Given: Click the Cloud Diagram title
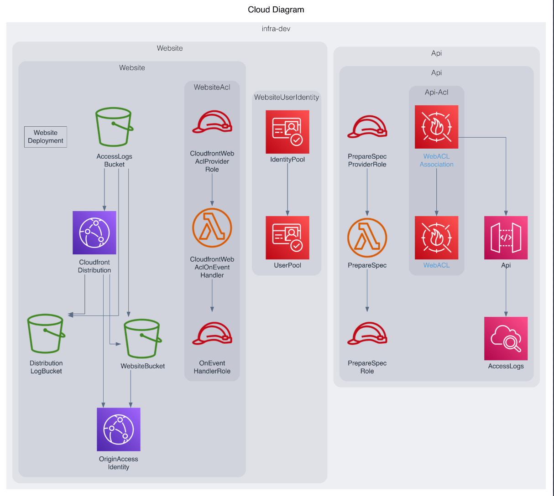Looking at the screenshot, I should [276, 10].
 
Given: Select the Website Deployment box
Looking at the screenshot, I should [46, 137].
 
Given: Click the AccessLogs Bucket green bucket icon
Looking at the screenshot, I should [114, 127].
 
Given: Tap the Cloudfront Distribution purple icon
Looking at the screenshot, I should [94, 232].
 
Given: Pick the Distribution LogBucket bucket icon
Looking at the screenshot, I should [46, 334].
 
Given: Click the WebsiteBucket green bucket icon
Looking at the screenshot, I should [142, 338].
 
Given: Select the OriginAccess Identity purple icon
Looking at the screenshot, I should [119, 429].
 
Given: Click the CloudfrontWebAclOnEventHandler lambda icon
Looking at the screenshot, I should [212, 227].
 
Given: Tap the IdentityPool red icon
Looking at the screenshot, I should [287, 132].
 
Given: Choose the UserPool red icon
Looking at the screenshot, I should [287, 238].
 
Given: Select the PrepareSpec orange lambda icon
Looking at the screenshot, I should [367, 238].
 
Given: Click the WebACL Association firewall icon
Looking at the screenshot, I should [436, 127].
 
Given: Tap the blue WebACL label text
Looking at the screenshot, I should [436, 265].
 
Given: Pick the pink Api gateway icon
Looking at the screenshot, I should [506, 238].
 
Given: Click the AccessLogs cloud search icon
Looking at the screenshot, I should [506, 338].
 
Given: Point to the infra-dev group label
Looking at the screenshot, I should [276, 29].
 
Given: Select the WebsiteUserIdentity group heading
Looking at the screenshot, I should [287, 97].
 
